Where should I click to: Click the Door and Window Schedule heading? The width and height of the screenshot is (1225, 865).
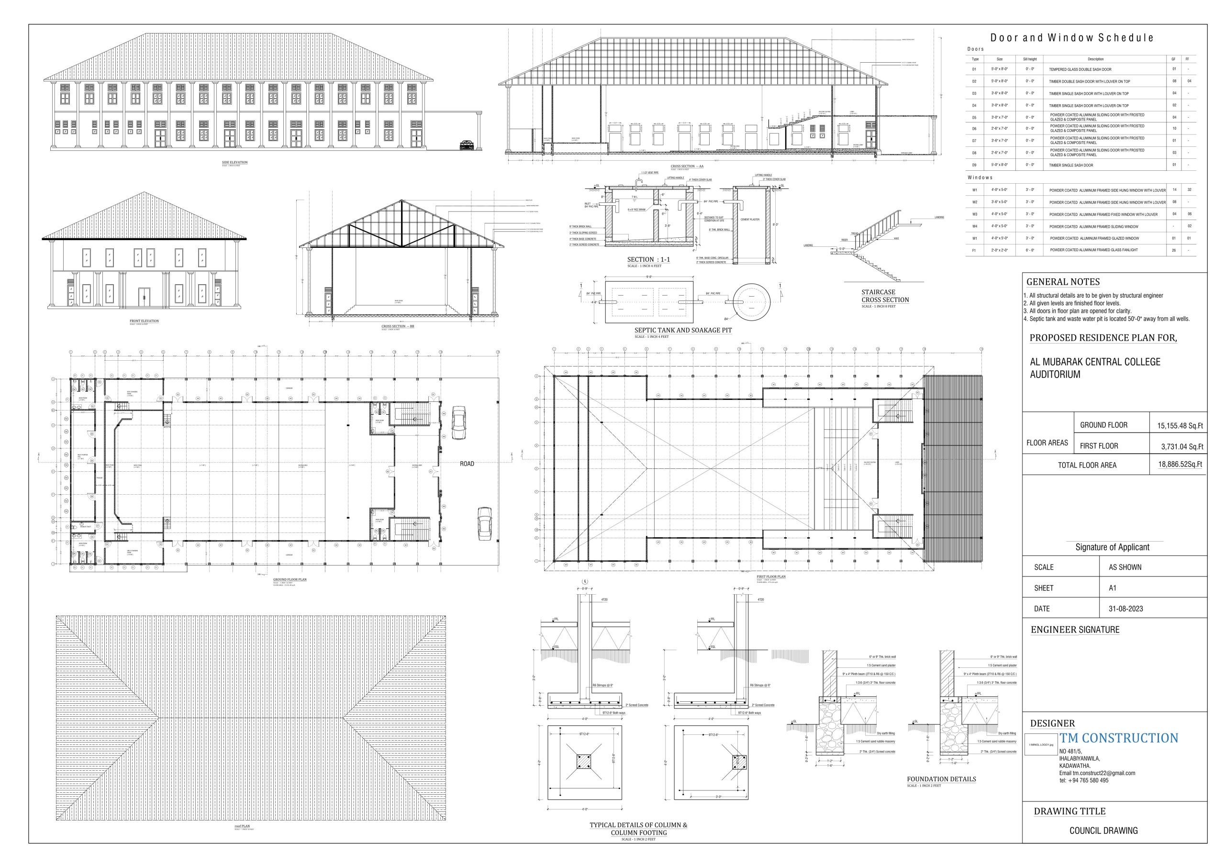click(x=1072, y=38)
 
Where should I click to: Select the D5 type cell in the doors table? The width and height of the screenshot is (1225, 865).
click(x=974, y=117)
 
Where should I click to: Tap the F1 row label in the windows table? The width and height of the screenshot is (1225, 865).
click(x=974, y=250)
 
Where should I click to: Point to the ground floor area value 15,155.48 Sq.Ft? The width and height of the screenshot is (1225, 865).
click(x=1180, y=426)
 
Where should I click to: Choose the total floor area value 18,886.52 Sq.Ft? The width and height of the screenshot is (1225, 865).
click(x=1180, y=465)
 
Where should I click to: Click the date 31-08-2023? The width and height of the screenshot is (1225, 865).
click(x=1126, y=609)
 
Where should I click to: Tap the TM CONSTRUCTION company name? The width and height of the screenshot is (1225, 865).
click(x=1119, y=738)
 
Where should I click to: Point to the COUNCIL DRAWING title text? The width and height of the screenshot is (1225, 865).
click(x=1103, y=831)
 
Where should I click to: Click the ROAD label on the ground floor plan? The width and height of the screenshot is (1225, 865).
click(x=467, y=464)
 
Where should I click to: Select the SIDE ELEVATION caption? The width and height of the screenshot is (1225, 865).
click(x=235, y=162)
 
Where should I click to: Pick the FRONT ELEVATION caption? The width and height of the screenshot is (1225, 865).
click(x=144, y=321)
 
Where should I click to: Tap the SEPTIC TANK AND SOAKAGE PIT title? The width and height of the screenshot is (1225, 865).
click(x=683, y=330)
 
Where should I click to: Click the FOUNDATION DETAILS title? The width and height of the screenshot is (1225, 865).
click(x=941, y=779)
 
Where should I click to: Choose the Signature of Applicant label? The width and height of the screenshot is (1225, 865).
click(x=1112, y=547)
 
